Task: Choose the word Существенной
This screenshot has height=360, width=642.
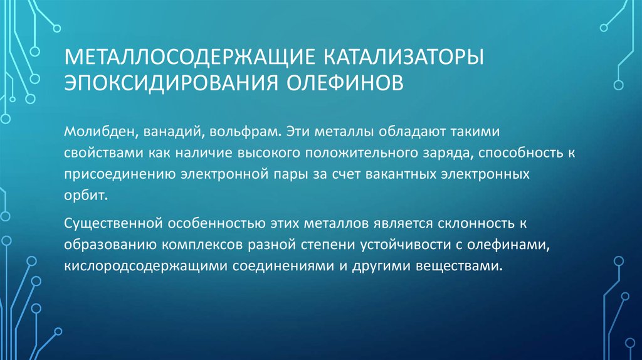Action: (113, 224)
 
